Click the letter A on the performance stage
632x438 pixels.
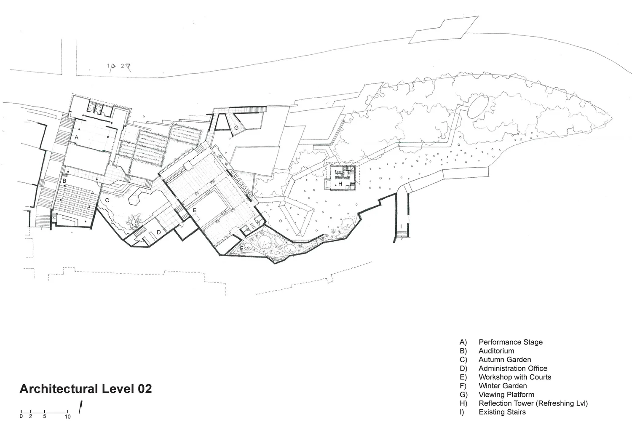click(77, 138)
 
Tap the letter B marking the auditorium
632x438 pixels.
click(64, 181)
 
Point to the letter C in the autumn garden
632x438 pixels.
click(107, 200)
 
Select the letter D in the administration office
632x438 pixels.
click(159, 232)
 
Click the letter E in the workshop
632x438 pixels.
click(195, 210)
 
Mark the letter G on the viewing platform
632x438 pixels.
click(236, 128)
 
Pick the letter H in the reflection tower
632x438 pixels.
click(340, 184)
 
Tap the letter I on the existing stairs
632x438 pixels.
click(401, 227)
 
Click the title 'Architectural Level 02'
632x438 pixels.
click(86, 389)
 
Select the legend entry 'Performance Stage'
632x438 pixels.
click(510, 342)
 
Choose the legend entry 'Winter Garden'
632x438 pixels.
click(502, 386)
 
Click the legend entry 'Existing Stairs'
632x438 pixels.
click(502, 412)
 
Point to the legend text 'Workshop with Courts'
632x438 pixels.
click(514, 377)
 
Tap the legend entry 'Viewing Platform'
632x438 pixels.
click(506, 395)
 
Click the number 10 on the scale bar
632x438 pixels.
click(67, 417)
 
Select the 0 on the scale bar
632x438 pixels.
click(21, 417)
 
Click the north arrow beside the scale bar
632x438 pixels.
click(80, 407)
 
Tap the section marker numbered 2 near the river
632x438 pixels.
click(123, 66)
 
